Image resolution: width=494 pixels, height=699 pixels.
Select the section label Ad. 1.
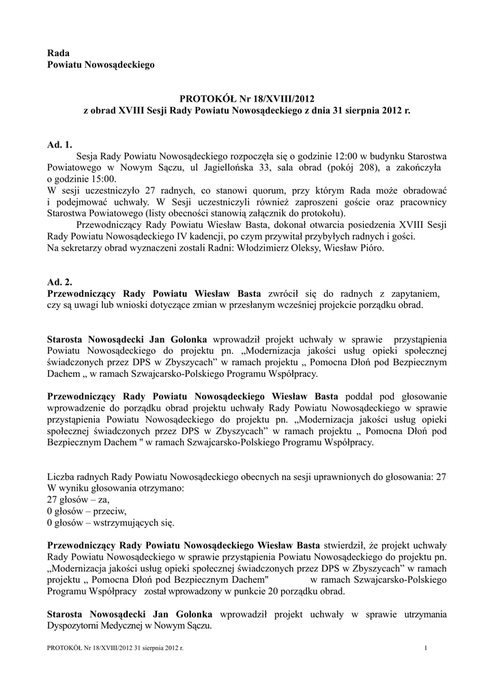click(x=59, y=144)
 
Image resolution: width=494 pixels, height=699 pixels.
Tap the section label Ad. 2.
click(x=59, y=281)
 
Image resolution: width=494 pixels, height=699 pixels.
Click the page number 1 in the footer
click(x=425, y=647)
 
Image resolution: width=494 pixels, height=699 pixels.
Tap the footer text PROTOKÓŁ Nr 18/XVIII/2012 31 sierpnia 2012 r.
click(x=115, y=647)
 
